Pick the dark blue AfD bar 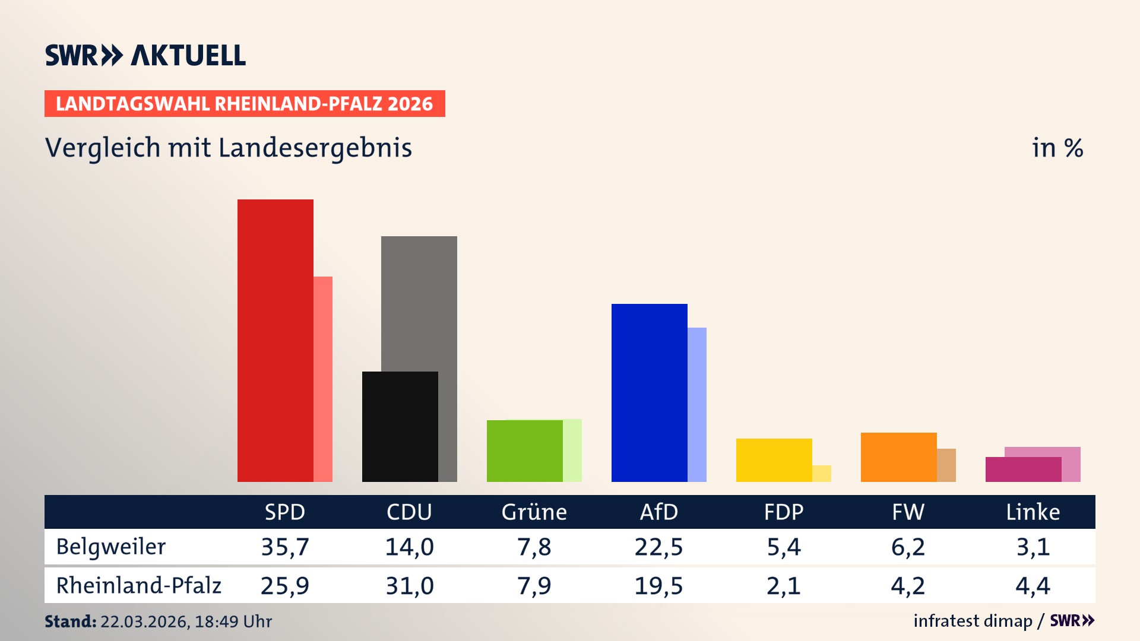(649, 392)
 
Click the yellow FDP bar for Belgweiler (774, 460)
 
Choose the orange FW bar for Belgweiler (898, 457)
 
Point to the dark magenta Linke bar (1023, 469)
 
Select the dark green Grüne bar (524, 451)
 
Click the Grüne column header (534, 512)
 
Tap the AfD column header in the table (658, 512)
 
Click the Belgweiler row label (111, 547)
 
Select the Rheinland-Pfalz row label (138, 586)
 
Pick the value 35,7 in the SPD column (285, 547)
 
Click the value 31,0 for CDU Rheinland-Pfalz (410, 586)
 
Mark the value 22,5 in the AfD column (658, 547)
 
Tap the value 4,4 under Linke (1033, 586)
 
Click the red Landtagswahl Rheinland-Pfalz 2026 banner (245, 104)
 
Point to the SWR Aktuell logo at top (145, 55)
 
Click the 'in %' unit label (1057, 148)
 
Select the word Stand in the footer (69, 621)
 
